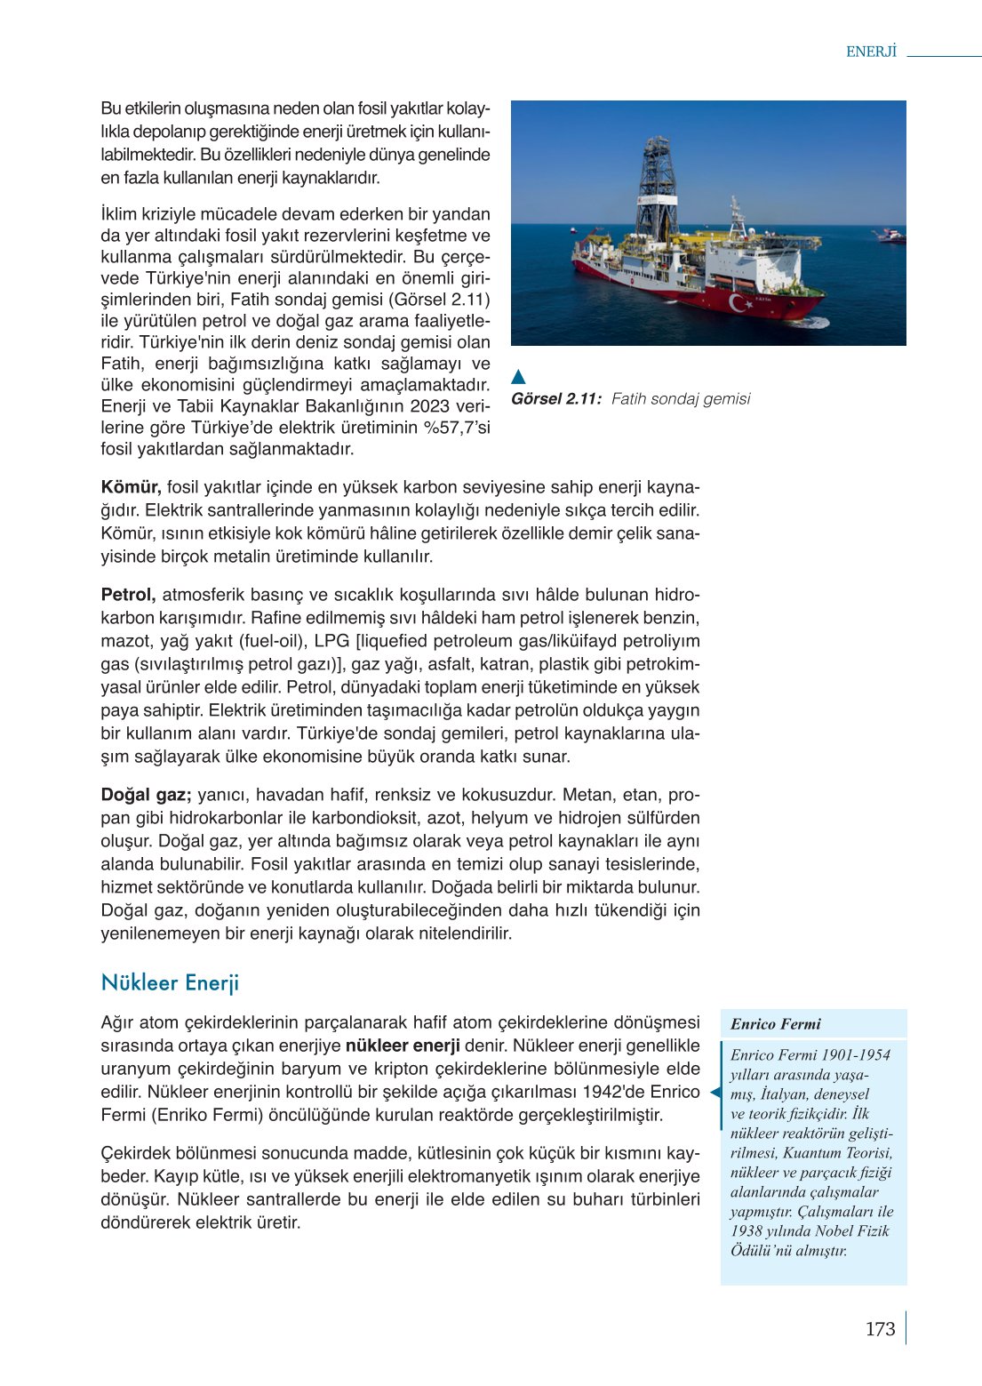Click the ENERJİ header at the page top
pos(871,52)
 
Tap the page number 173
pos(880,1329)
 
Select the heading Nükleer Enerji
pos(170,982)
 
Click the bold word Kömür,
pos(131,487)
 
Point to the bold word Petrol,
pos(128,595)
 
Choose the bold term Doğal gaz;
pos(146,795)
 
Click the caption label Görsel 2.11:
pos(556,399)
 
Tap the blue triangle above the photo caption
pos(519,376)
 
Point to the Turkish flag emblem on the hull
pos(739,303)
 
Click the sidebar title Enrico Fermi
pos(775,1024)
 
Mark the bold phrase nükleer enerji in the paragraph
pos(403,1046)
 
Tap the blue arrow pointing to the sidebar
pos(715,1093)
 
